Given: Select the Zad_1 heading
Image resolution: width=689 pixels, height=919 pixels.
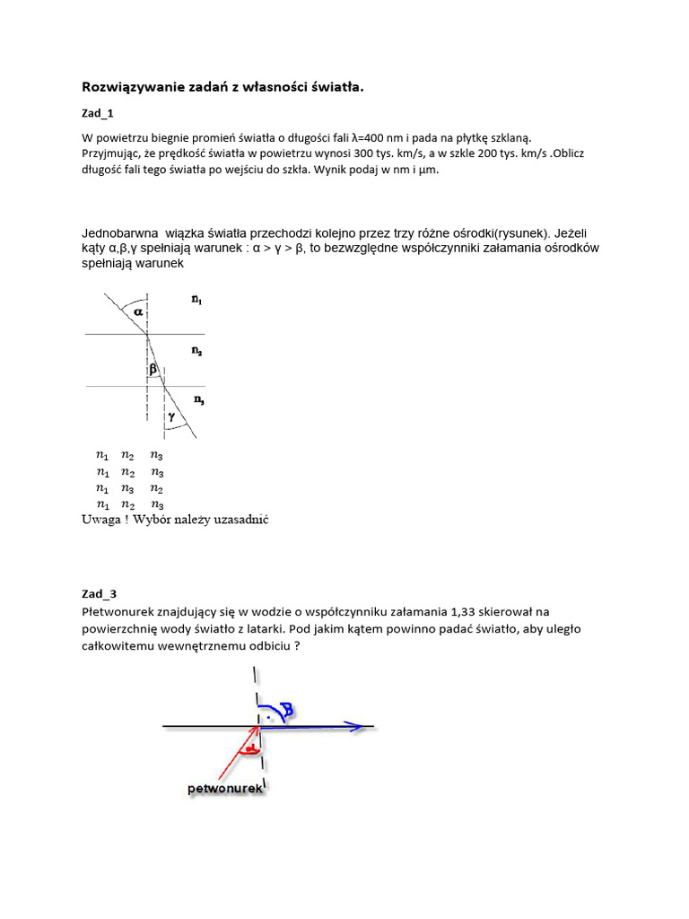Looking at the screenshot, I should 98,114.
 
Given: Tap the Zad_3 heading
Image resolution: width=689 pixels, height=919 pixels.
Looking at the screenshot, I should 99,594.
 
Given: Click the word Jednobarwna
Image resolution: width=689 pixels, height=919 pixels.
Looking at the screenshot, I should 119,232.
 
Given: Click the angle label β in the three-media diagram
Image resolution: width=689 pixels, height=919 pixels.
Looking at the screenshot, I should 153,369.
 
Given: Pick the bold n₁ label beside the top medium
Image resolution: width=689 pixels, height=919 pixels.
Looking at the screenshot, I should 196,302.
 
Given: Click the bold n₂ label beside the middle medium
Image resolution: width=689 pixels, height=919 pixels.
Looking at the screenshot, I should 196,353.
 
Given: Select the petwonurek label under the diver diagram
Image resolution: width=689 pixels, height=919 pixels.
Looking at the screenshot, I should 224,789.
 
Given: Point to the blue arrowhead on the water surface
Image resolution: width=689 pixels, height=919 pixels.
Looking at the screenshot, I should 358,727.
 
